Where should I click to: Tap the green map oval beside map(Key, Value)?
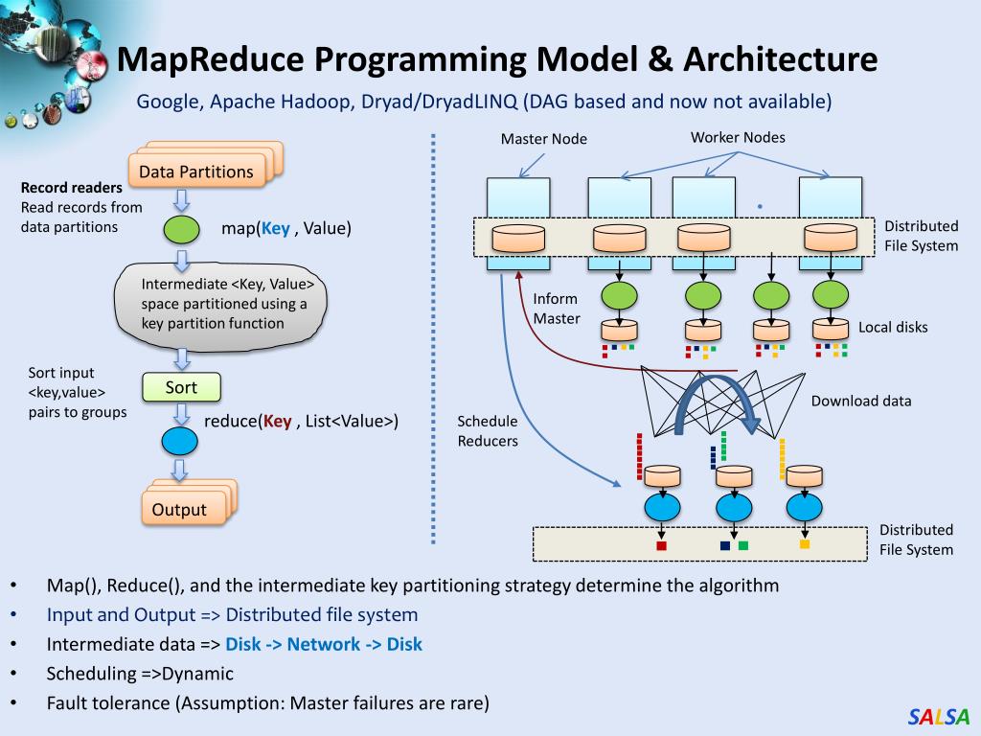tap(181, 229)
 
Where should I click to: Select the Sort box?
tap(181, 387)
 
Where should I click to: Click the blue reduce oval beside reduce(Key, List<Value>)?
tap(179, 441)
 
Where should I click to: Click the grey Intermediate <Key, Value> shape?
tap(220, 305)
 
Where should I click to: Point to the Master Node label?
tap(544, 139)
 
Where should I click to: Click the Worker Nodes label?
tap(738, 138)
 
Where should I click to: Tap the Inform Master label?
tap(557, 309)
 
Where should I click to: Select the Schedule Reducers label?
tap(488, 431)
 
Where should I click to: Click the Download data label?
tap(861, 402)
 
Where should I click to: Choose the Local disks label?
tap(893, 328)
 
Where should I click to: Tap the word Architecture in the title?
tap(780, 59)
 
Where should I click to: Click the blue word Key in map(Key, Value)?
tap(275, 229)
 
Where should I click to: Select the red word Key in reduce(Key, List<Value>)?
tap(277, 422)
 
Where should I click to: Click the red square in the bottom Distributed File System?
tap(661, 545)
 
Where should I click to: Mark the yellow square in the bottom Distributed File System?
tap(805, 544)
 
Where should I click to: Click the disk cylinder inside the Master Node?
tap(518, 239)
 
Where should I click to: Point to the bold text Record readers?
tap(71, 188)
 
